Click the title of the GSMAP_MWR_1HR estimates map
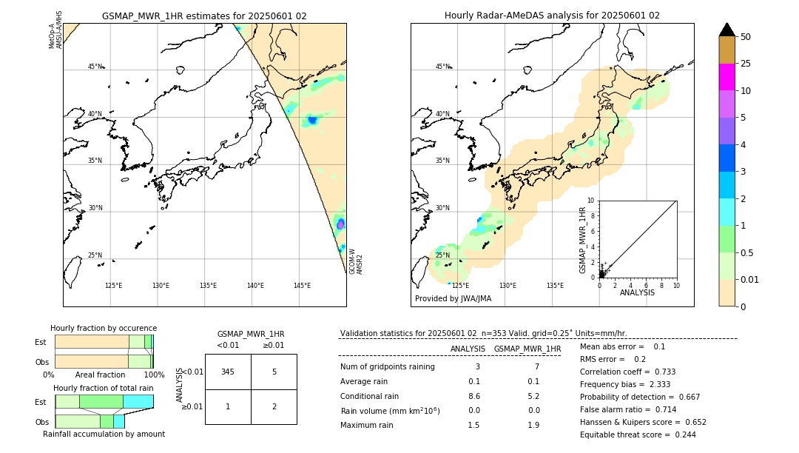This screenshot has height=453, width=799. tap(204, 16)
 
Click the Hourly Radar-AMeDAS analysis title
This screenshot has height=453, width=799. tap(552, 16)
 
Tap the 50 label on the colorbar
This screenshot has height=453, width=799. tap(746, 37)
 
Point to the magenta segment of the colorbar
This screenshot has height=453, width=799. tap(726, 77)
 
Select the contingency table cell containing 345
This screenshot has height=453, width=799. tap(228, 372)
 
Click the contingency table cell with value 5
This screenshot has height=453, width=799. tap(274, 372)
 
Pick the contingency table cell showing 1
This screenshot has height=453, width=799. tap(228, 406)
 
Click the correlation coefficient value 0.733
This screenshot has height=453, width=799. tap(661, 372)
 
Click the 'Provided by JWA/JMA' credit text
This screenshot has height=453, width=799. tap(453, 299)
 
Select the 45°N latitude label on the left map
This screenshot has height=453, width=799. tap(95, 67)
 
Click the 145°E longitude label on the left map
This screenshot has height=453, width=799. tap(302, 286)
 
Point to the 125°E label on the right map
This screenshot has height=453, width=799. tap(460, 286)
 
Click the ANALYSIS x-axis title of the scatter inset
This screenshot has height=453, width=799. tap(637, 292)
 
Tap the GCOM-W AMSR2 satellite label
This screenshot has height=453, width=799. tap(356, 261)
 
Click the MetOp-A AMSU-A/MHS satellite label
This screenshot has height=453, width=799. tap(55, 30)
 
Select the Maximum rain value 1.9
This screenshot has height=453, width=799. tap(533, 425)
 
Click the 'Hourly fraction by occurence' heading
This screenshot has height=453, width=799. tap(104, 328)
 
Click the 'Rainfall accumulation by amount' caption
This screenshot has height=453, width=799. tap(104, 434)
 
